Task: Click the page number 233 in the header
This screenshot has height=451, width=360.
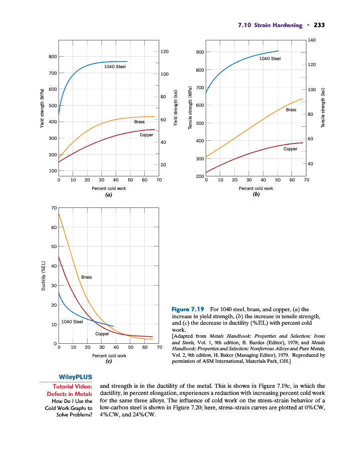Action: (x=319, y=25)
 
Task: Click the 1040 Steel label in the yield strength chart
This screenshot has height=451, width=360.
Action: (x=115, y=67)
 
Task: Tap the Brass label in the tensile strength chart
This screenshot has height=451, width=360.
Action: (x=291, y=109)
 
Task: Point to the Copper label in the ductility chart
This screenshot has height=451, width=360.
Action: (x=102, y=334)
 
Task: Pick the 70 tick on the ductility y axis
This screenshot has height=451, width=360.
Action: (x=54, y=208)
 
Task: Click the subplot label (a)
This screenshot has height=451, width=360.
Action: (x=108, y=195)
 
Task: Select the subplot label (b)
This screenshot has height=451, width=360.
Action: (x=256, y=195)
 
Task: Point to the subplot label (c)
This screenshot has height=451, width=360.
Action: (x=108, y=361)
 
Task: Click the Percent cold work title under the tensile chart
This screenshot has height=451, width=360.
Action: (x=256, y=188)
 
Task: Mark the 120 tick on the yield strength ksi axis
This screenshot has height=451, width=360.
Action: (x=164, y=52)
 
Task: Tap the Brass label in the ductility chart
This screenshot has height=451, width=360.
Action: (x=86, y=277)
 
